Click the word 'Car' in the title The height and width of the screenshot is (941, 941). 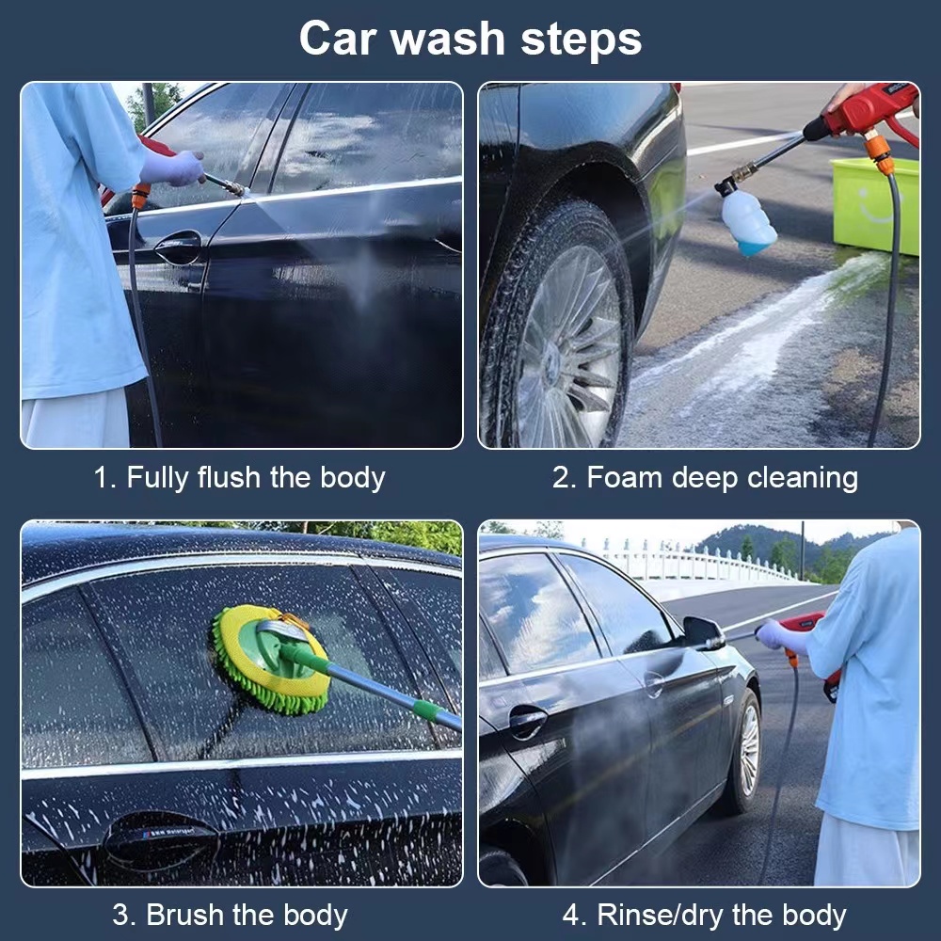click(339, 39)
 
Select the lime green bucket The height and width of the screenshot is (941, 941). click(875, 205)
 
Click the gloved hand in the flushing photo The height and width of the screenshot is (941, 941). click(173, 168)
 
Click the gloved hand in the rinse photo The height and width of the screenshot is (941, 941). click(774, 635)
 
